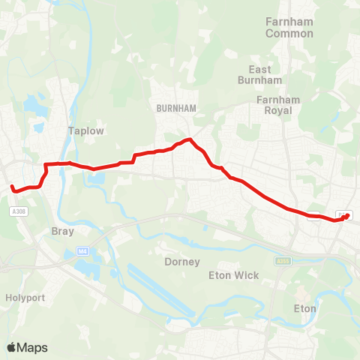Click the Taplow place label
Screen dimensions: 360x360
click(85, 130)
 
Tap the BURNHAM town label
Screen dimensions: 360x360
click(176, 108)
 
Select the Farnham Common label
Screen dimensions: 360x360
click(289, 27)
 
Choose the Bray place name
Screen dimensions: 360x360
click(63, 232)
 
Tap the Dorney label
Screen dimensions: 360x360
click(181, 262)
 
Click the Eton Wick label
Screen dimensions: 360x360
click(233, 275)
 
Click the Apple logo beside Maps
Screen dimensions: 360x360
click(11, 347)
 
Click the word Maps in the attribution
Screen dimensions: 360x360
click(33, 347)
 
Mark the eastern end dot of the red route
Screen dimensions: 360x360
click(346, 216)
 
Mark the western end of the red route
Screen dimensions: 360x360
click(11, 186)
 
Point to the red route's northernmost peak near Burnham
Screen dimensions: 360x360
click(191, 139)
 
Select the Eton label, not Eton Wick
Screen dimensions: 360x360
click(304, 308)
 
